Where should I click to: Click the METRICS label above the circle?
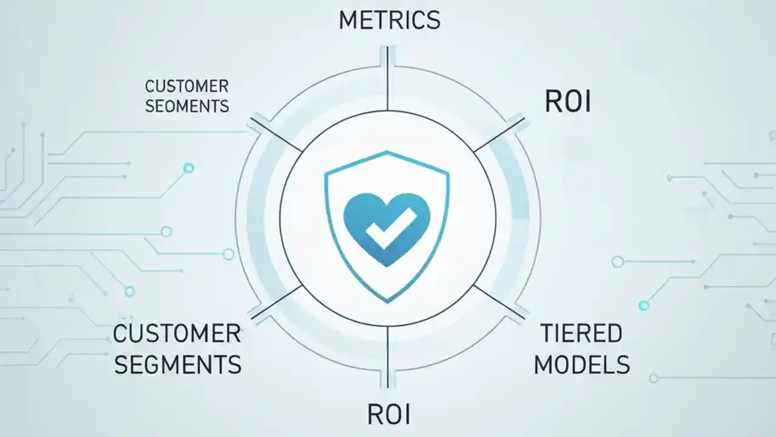(389, 20)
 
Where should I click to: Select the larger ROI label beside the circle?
(567, 101)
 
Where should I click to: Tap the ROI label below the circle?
(389, 414)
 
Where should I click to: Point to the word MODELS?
(582, 365)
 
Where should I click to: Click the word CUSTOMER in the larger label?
(177, 334)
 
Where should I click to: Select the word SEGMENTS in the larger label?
(178, 365)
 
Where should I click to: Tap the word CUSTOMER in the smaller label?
(187, 86)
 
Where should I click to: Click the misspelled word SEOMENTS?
(187, 106)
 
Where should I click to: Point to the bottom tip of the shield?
(387, 301)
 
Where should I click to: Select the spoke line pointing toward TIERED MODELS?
(500, 302)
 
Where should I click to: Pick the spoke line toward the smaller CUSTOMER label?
(276, 135)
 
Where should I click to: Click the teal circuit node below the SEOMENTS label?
(189, 168)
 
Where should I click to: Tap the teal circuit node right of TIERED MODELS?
(644, 305)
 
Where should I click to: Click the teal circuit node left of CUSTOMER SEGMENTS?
(129, 292)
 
